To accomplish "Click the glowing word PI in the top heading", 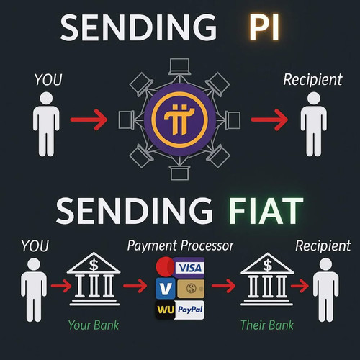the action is coord(264,27).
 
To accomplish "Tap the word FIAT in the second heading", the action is coord(266,211).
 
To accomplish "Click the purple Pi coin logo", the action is coord(180,120).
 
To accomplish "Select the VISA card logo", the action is coord(189,268).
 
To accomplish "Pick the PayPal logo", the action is coord(190,310).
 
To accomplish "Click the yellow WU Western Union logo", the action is coord(166,310).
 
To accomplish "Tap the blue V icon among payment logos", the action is coord(166,288).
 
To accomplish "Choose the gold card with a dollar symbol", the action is coord(191,289).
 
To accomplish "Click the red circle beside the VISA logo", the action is coord(165,266).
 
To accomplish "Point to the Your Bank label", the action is coord(94,325).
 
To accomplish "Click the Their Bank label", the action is coord(267,325).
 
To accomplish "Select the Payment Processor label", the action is coord(180,246).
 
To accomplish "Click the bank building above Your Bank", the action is coord(94,279).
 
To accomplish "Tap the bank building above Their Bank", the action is coord(267,279).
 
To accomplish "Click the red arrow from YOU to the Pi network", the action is coord(89,120).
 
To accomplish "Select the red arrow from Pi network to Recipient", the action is coord(269,120).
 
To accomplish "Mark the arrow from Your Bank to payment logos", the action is coord(135,286).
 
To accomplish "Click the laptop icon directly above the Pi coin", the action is coord(179,67).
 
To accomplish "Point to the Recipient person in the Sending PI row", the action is coord(314,125).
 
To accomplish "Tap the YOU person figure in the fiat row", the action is coord(34,290).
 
